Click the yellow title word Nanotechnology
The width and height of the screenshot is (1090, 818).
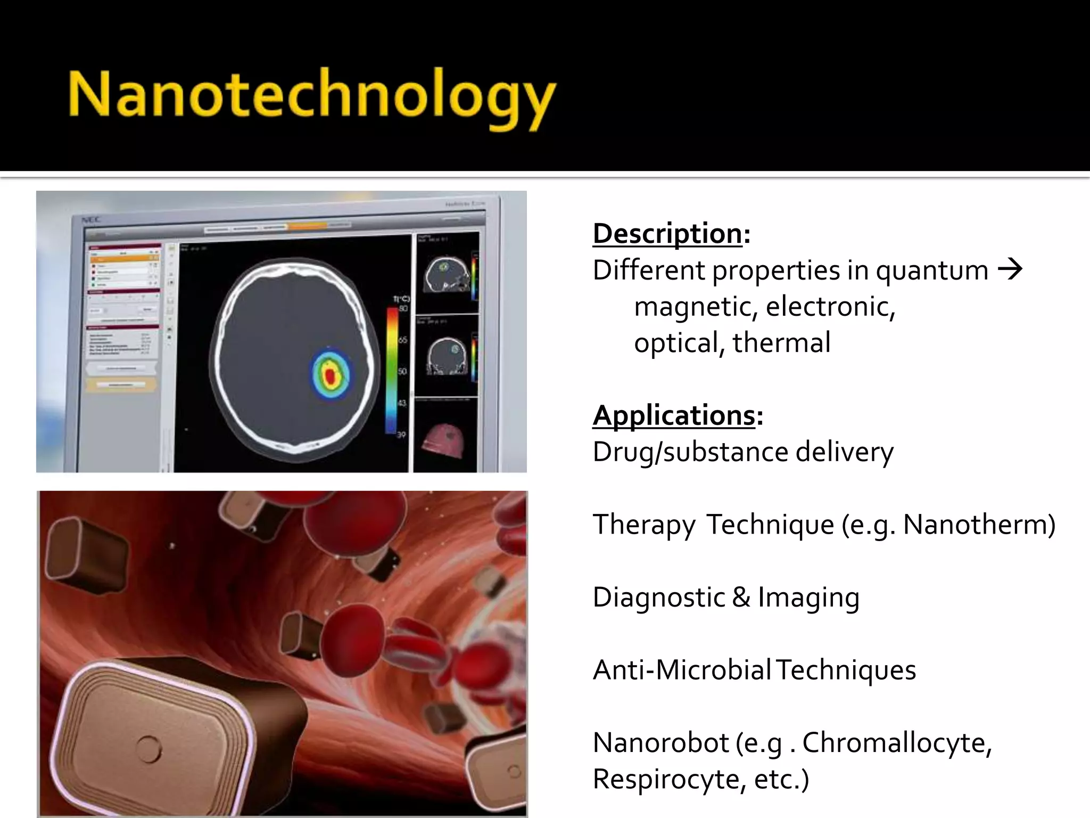[x=311, y=96]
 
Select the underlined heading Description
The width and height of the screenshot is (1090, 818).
[x=667, y=234]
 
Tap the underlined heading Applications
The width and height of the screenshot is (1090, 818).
[x=674, y=415]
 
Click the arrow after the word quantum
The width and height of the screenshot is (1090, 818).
[x=1010, y=269]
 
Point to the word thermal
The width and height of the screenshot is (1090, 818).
[x=781, y=342]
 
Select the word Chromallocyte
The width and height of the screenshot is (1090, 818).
[x=896, y=742]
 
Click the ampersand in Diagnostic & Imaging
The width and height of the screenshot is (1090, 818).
[x=741, y=597]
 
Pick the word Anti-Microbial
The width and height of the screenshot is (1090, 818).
[x=681, y=670]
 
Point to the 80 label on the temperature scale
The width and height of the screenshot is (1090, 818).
[x=403, y=309]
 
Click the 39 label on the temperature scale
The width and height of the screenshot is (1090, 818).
[x=401, y=435]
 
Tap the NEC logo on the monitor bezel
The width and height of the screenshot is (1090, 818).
[x=91, y=219]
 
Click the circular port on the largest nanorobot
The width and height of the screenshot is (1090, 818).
[x=148, y=748]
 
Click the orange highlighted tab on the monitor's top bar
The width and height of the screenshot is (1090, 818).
[x=308, y=226]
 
